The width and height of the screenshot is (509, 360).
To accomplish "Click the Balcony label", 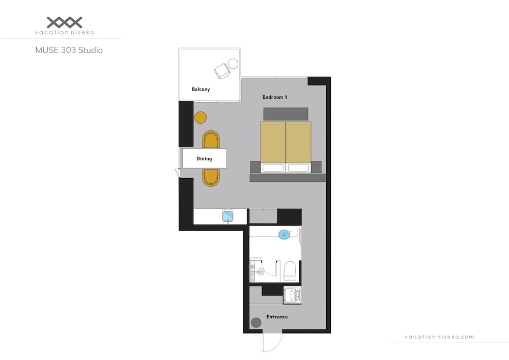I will tap(201, 89).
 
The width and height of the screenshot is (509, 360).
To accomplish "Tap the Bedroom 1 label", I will tap(275, 97).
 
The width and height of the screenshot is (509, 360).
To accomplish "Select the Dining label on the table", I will tap(204, 159).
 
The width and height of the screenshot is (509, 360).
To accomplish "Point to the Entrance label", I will tap(277, 317).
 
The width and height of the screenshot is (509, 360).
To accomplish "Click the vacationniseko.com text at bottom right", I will tap(439, 337).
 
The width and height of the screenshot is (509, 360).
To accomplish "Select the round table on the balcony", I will tap(233, 64).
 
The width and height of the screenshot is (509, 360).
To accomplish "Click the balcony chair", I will tap(222, 71).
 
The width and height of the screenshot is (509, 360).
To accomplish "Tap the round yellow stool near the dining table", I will tap(201, 118).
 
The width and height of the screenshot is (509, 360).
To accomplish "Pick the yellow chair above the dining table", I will tap(211, 139).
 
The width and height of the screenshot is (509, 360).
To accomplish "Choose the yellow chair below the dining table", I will tap(211, 177).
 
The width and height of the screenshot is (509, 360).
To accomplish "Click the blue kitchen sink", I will tap(228, 216).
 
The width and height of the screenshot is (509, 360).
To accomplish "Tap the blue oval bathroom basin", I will tap(285, 234).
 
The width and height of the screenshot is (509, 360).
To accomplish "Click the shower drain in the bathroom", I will tap(261, 272).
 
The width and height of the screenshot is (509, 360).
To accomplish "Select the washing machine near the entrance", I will tap(292, 295).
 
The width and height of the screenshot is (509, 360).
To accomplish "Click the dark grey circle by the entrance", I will tap(256, 322).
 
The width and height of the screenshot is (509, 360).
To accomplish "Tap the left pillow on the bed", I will tap(272, 168).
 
